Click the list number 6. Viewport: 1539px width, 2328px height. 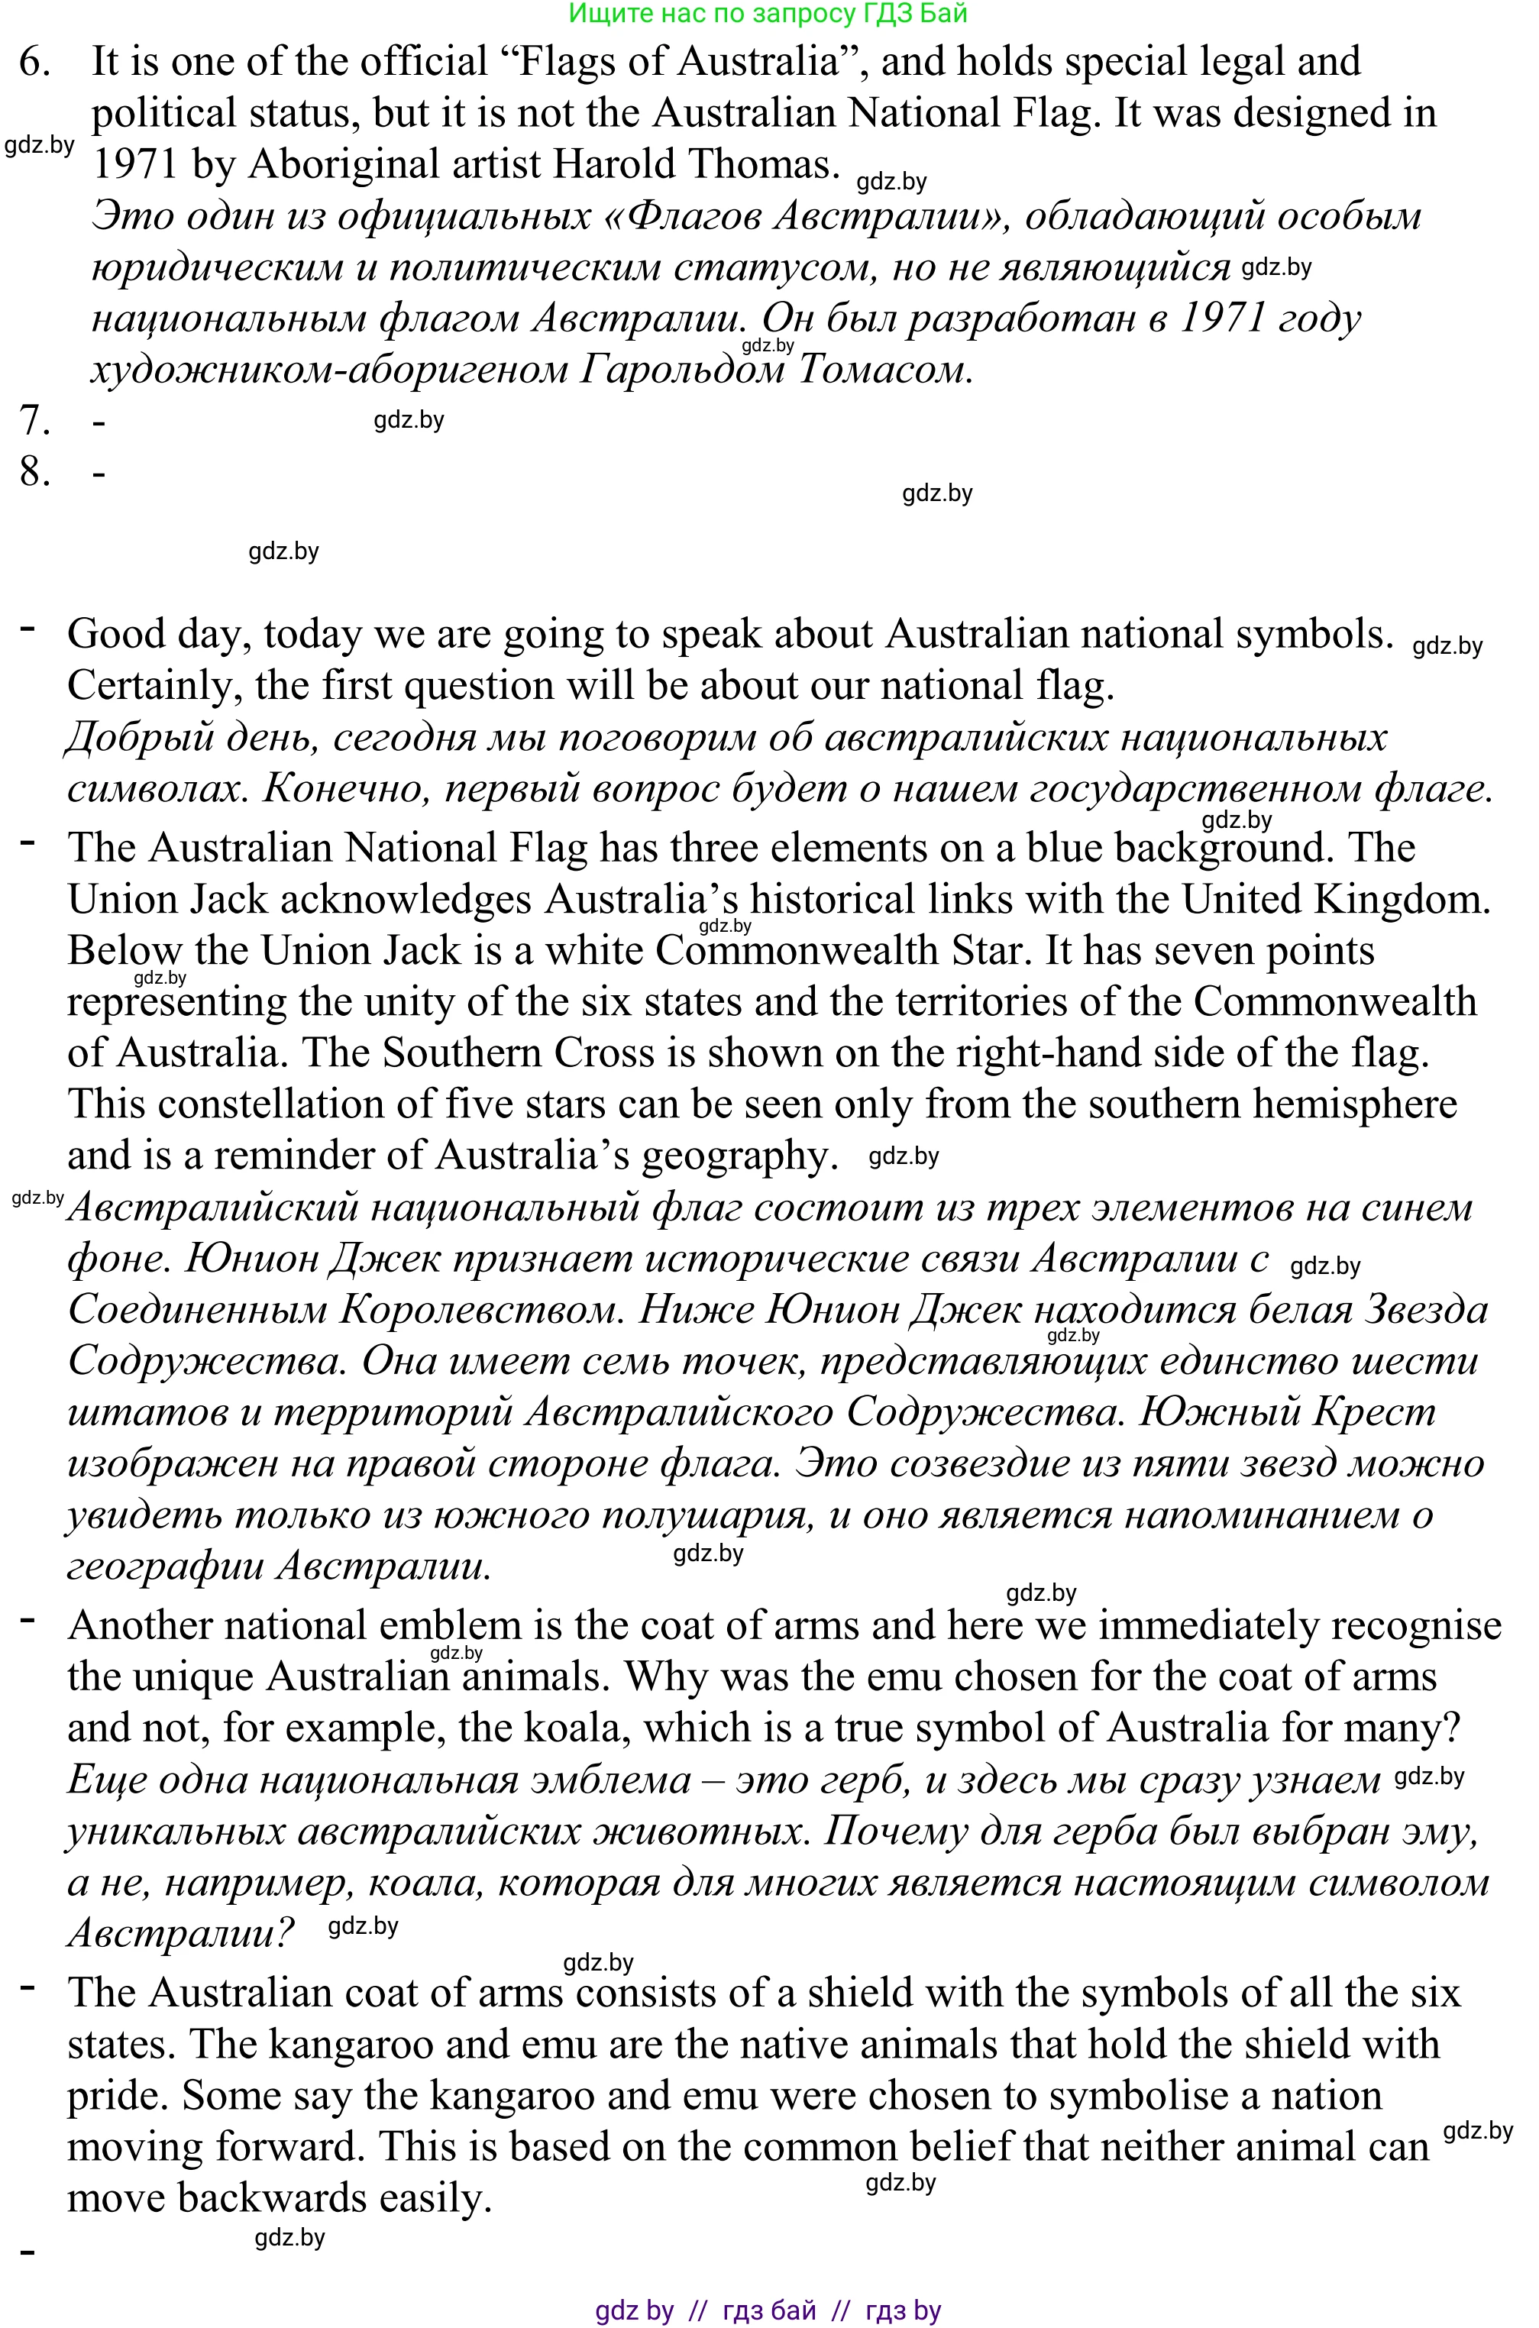34,63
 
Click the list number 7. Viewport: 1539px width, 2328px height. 34,421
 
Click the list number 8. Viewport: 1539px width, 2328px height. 34,472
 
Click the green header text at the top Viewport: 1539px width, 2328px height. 768,14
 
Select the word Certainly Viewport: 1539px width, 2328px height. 154,686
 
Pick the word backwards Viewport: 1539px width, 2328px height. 271,2197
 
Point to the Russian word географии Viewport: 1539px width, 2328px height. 166,1566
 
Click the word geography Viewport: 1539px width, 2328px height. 739,1156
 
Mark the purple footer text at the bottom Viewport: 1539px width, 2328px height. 768,2310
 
